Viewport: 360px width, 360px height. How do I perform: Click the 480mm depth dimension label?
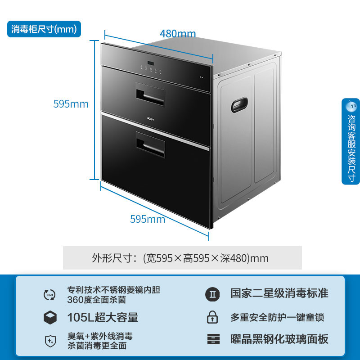click(x=178, y=34)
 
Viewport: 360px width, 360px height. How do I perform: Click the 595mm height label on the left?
click(x=71, y=104)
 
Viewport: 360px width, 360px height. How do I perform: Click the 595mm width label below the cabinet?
click(x=148, y=220)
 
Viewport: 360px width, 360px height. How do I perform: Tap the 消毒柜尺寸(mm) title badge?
click(x=45, y=29)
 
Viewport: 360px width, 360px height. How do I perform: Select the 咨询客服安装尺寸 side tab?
click(x=351, y=141)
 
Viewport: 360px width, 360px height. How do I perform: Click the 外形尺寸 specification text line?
click(x=180, y=258)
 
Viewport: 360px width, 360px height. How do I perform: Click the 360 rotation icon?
click(x=49, y=295)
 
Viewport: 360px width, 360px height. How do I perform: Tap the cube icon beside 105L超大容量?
click(x=49, y=317)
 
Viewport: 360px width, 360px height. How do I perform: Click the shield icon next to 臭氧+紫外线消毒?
click(x=49, y=341)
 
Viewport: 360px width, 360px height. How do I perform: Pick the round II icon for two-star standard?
click(x=212, y=294)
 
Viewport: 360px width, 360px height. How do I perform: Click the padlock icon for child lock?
click(x=212, y=317)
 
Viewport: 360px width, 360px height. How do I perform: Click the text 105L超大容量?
click(x=103, y=317)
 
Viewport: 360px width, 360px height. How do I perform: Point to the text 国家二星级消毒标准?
click(x=279, y=294)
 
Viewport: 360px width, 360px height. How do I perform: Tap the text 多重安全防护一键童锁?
click(x=277, y=317)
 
